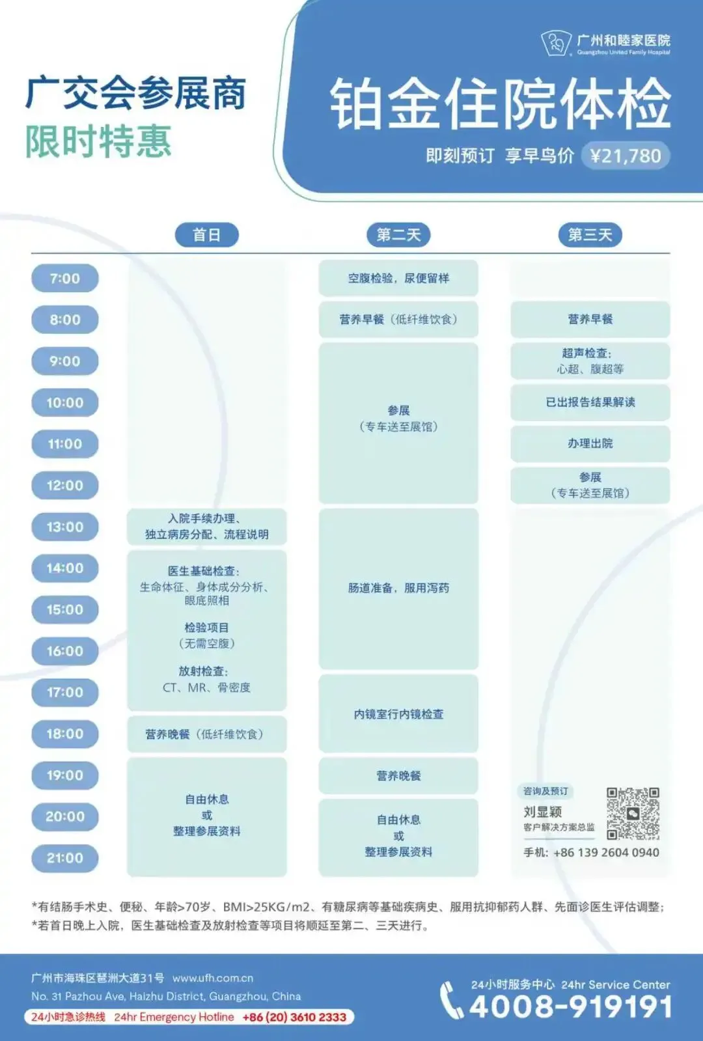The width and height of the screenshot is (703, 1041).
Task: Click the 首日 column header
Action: [206, 235]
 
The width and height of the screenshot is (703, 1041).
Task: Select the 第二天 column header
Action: [398, 235]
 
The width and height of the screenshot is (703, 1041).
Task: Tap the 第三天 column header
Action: [590, 235]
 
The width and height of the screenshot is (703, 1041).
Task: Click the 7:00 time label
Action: [65, 279]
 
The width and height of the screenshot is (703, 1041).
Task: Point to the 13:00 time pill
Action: [65, 527]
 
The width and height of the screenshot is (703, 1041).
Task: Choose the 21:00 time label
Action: [65, 858]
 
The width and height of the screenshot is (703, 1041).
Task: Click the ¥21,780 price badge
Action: [625, 156]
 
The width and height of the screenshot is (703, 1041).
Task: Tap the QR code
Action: [633, 813]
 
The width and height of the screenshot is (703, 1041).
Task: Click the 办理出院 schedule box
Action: [590, 443]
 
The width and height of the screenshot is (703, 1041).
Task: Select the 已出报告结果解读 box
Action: [590, 402]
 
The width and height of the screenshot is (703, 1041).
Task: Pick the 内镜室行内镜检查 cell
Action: [398, 714]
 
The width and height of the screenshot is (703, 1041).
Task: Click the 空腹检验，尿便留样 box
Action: [398, 279]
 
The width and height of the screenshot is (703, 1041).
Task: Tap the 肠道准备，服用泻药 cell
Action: [398, 588]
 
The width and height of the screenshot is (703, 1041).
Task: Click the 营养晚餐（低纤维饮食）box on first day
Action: [206, 734]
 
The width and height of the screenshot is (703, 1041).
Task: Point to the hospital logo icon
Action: [557, 44]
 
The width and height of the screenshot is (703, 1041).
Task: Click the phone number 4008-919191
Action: [570, 1007]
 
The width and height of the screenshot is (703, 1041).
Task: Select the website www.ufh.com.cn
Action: [213, 978]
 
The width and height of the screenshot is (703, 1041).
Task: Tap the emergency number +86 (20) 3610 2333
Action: [294, 1017]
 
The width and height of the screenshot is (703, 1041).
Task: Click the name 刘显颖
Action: [542, 812]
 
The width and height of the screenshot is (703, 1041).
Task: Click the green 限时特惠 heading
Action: [98, 142]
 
